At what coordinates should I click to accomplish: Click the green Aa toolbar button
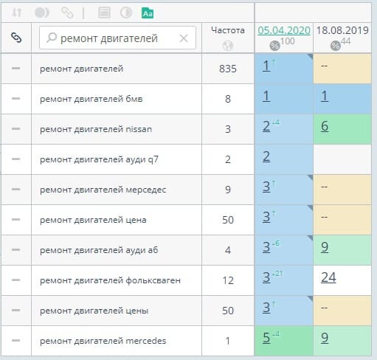(x=148, y=13)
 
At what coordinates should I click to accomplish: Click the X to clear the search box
(x=184, y=38)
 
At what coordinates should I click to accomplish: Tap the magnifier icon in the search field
(x=52, y=38)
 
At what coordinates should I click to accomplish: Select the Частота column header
(x=228, y=30)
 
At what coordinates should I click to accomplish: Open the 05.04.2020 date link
(x=284, y=30)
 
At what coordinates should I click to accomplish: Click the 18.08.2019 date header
(x=342, y=30)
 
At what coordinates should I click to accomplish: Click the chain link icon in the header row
(x=16, y=38)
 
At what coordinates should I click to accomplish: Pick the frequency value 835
(x=228, y=69)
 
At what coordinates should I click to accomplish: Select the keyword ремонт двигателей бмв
(x=91, y=99)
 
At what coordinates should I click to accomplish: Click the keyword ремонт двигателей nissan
(x=96, y=129)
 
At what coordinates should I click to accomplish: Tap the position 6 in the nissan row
(x=325, y=126)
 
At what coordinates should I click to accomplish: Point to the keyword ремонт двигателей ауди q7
(x=99, y=159)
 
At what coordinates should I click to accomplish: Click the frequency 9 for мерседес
(x=228, y=190)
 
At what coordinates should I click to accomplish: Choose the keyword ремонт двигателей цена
(x=93, y=220)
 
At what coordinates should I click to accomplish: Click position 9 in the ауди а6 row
(x=325, y=247)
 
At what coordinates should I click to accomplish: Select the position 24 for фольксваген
(x=328, y=277)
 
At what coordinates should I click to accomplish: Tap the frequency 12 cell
(x=228, y=280)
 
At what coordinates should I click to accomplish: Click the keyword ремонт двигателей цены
(x=94, y=311)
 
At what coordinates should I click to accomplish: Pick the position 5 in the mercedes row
(x=266, y=337)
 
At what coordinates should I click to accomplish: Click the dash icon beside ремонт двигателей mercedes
(x=16, y=340)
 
